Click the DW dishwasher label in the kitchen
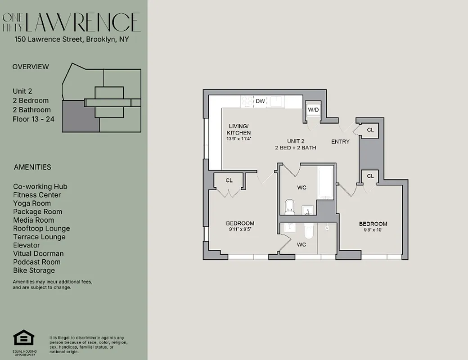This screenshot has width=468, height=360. (260, 101)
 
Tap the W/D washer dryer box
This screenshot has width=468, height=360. (313, 110)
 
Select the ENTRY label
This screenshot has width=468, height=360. (340, 142)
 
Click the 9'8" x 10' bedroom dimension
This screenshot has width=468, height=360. (373, 230)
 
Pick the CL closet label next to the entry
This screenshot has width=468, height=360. (370, 130)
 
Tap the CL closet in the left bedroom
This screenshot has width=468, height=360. (229, 180)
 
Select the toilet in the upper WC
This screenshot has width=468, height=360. (290, 207)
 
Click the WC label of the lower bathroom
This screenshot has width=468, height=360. (301, 244)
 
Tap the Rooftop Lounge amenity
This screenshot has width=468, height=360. (41, 229)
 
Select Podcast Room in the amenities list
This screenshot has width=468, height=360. (37, 262)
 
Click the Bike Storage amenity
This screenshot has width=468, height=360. (34, 270)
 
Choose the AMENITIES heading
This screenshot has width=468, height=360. (32, 167)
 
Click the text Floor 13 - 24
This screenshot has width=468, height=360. (31, 119)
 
